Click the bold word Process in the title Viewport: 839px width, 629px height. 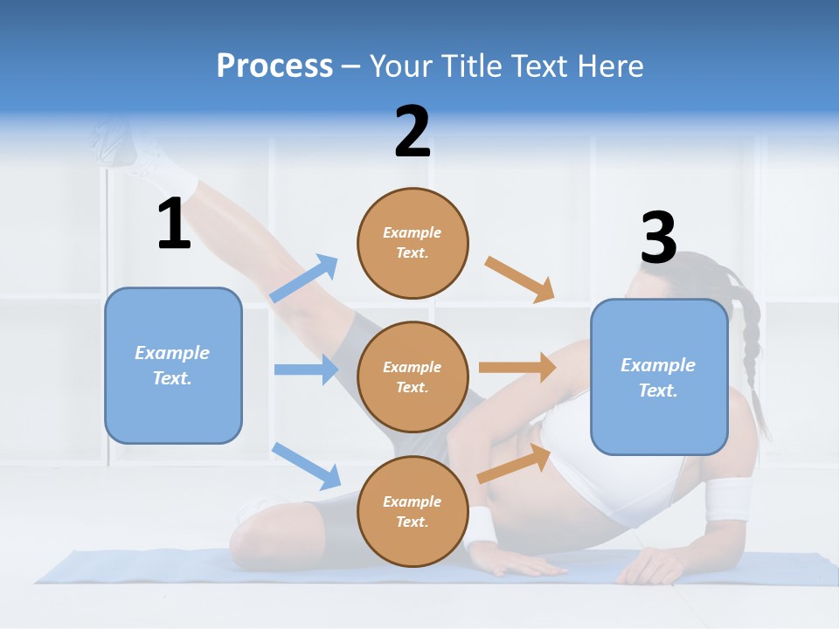[x=274, y=66]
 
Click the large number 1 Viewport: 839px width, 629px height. [x=173, y=224]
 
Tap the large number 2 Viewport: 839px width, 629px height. [x=413, y=132]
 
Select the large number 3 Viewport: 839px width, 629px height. [x=658, y=238]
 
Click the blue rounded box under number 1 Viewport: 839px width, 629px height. [x=173, y=365]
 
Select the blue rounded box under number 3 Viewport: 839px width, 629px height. [x=659, y=377]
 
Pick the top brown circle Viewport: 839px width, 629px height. [x=413, y=243]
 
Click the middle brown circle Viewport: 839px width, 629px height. [x=413, y=377]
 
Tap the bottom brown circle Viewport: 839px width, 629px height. [x=413, y=511]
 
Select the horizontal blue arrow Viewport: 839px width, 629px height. [x=306, y=370]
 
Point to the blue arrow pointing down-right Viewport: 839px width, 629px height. [x=306, y=466]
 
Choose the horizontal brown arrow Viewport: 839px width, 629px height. [x=517, y=368]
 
